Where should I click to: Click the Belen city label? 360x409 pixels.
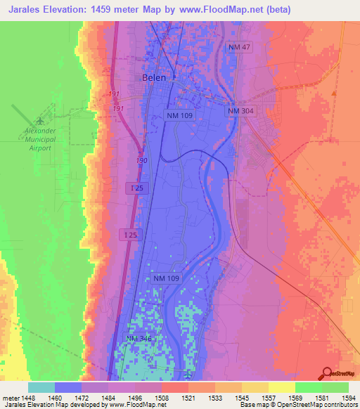pos(154,77)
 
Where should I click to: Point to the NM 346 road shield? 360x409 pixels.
pos(139,339)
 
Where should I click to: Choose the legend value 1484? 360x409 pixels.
pos(109,398)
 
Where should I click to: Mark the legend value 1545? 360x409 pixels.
pos(243,398)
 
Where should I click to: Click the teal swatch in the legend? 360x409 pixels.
pos(41,387)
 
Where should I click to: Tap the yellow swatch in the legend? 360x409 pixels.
pos(282,387)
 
